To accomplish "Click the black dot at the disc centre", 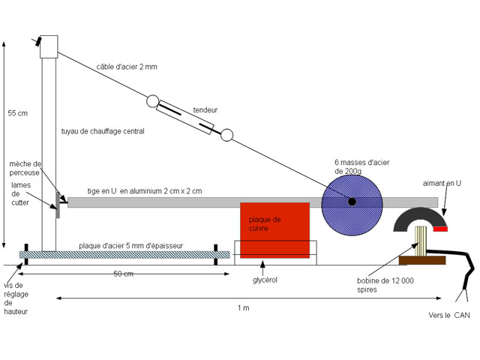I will (x=351, y=200).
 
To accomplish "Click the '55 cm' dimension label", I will (x=17, y=113).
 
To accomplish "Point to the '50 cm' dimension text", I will (x=124, y=274).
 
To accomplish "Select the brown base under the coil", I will (x=421, y=260).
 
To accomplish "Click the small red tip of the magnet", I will (x=440, y=229).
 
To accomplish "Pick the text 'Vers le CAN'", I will (x=449, y=316).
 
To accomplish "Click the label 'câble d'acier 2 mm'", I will (x=127, y=67).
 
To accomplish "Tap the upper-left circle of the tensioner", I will (x=154, y=100).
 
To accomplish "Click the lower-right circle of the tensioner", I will (x=226, y=135).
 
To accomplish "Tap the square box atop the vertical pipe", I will (x=49, y=46).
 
